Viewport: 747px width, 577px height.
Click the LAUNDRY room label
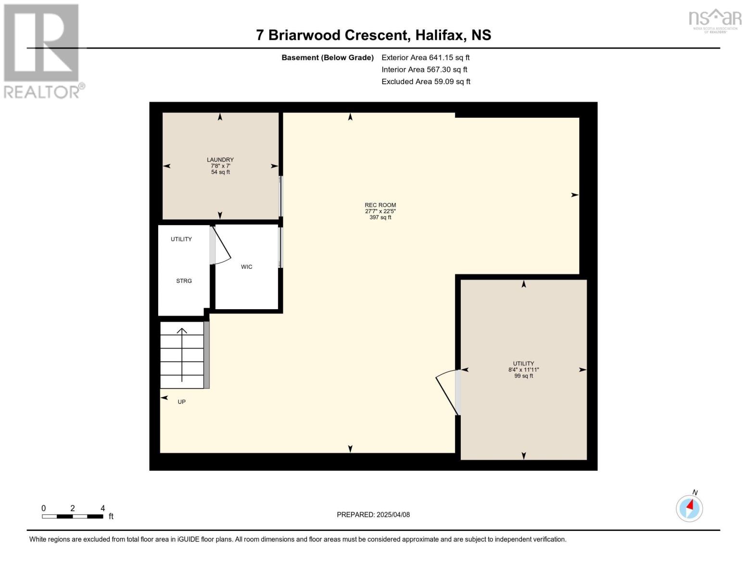[x=220, y=160]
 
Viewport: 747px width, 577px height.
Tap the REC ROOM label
[x=380, y=205]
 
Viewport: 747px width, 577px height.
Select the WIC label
[x=246, y=267]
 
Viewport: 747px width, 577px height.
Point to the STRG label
[x=184, y=281]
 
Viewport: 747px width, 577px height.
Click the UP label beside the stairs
[x=181, y=401]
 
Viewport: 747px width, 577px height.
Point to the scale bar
[x=73, y=516]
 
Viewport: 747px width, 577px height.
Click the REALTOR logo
[x=42, y=51]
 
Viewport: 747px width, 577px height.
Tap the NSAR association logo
[x=715, y=21]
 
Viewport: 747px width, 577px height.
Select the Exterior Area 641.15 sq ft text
[x=425, y=57]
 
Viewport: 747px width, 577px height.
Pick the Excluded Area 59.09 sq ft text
[x=426, y=81]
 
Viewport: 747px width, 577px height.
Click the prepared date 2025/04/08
[x=393, y=514]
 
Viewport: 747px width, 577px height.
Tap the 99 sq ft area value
[x=523, y=376]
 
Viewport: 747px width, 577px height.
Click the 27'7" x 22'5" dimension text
[x=380, y=211]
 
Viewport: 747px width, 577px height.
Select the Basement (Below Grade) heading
[x=327, y=58]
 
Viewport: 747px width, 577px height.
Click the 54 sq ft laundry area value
[x=220, y=172]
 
